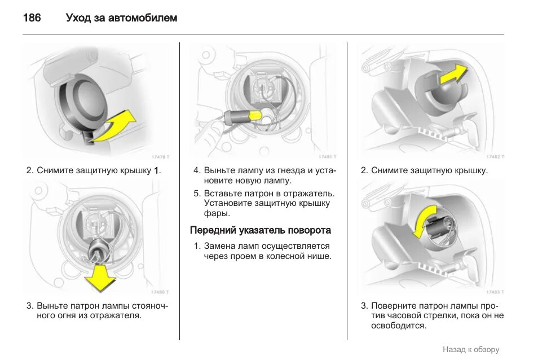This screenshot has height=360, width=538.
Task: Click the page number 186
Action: pyautogui.click(x=32, y=18)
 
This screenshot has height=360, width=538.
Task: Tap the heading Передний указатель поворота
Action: pyautogui.click(x=261, y=230)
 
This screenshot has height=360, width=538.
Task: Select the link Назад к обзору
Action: pyautogui.click(x=471, y=349)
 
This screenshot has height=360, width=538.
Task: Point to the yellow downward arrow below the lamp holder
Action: pyautogui.click(x=100, y=276)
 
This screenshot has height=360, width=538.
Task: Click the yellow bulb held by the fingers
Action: pyautogui.click(x=254, y=116)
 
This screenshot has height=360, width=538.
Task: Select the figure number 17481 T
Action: pyautogui.click(x=328, y=157)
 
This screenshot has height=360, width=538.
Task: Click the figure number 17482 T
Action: pyautogui.click(x=495, y=157)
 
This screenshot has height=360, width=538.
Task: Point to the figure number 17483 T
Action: pyautogui.click(x=495, y=292)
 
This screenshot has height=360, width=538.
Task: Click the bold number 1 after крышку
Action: pyautogui.click(x=157, y=170)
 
